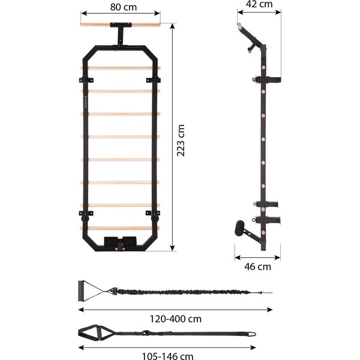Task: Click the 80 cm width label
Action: (123, 7)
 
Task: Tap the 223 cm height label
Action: (181, 140)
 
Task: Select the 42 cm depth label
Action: (259, 4)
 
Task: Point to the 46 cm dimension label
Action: (257, 267)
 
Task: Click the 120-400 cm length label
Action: (176, 319)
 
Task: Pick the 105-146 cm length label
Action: (167, 356)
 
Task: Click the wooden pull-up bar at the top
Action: (121, 25)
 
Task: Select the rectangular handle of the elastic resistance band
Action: (81, 290)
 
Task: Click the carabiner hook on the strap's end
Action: (252, 334)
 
